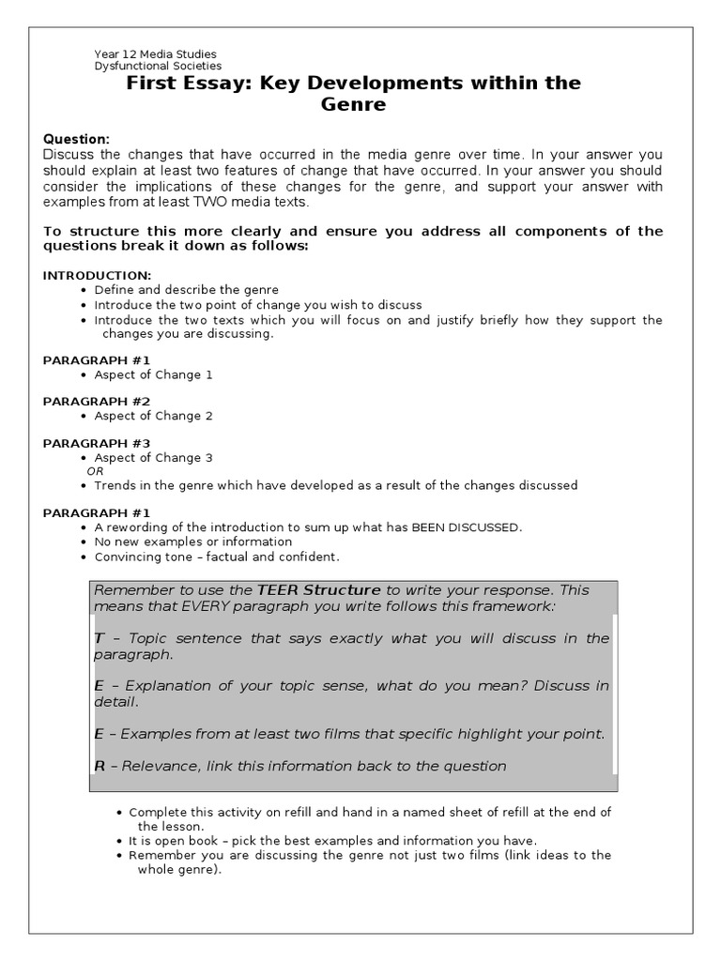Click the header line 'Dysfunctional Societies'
pos(158,67)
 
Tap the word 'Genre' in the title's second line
pos(354,105)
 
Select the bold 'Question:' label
pos(76,139)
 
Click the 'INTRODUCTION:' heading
pos(97,275)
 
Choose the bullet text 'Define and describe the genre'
pos(187,290)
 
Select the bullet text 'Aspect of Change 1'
pos(154,374)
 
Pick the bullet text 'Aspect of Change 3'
pos(154,458)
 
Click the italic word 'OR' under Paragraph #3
pos(95,471)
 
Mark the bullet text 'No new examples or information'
pos(193,542)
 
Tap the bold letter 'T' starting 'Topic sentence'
pos(99,638)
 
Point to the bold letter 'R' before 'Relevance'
pos(100,766)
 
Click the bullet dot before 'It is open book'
pos(119,841)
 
